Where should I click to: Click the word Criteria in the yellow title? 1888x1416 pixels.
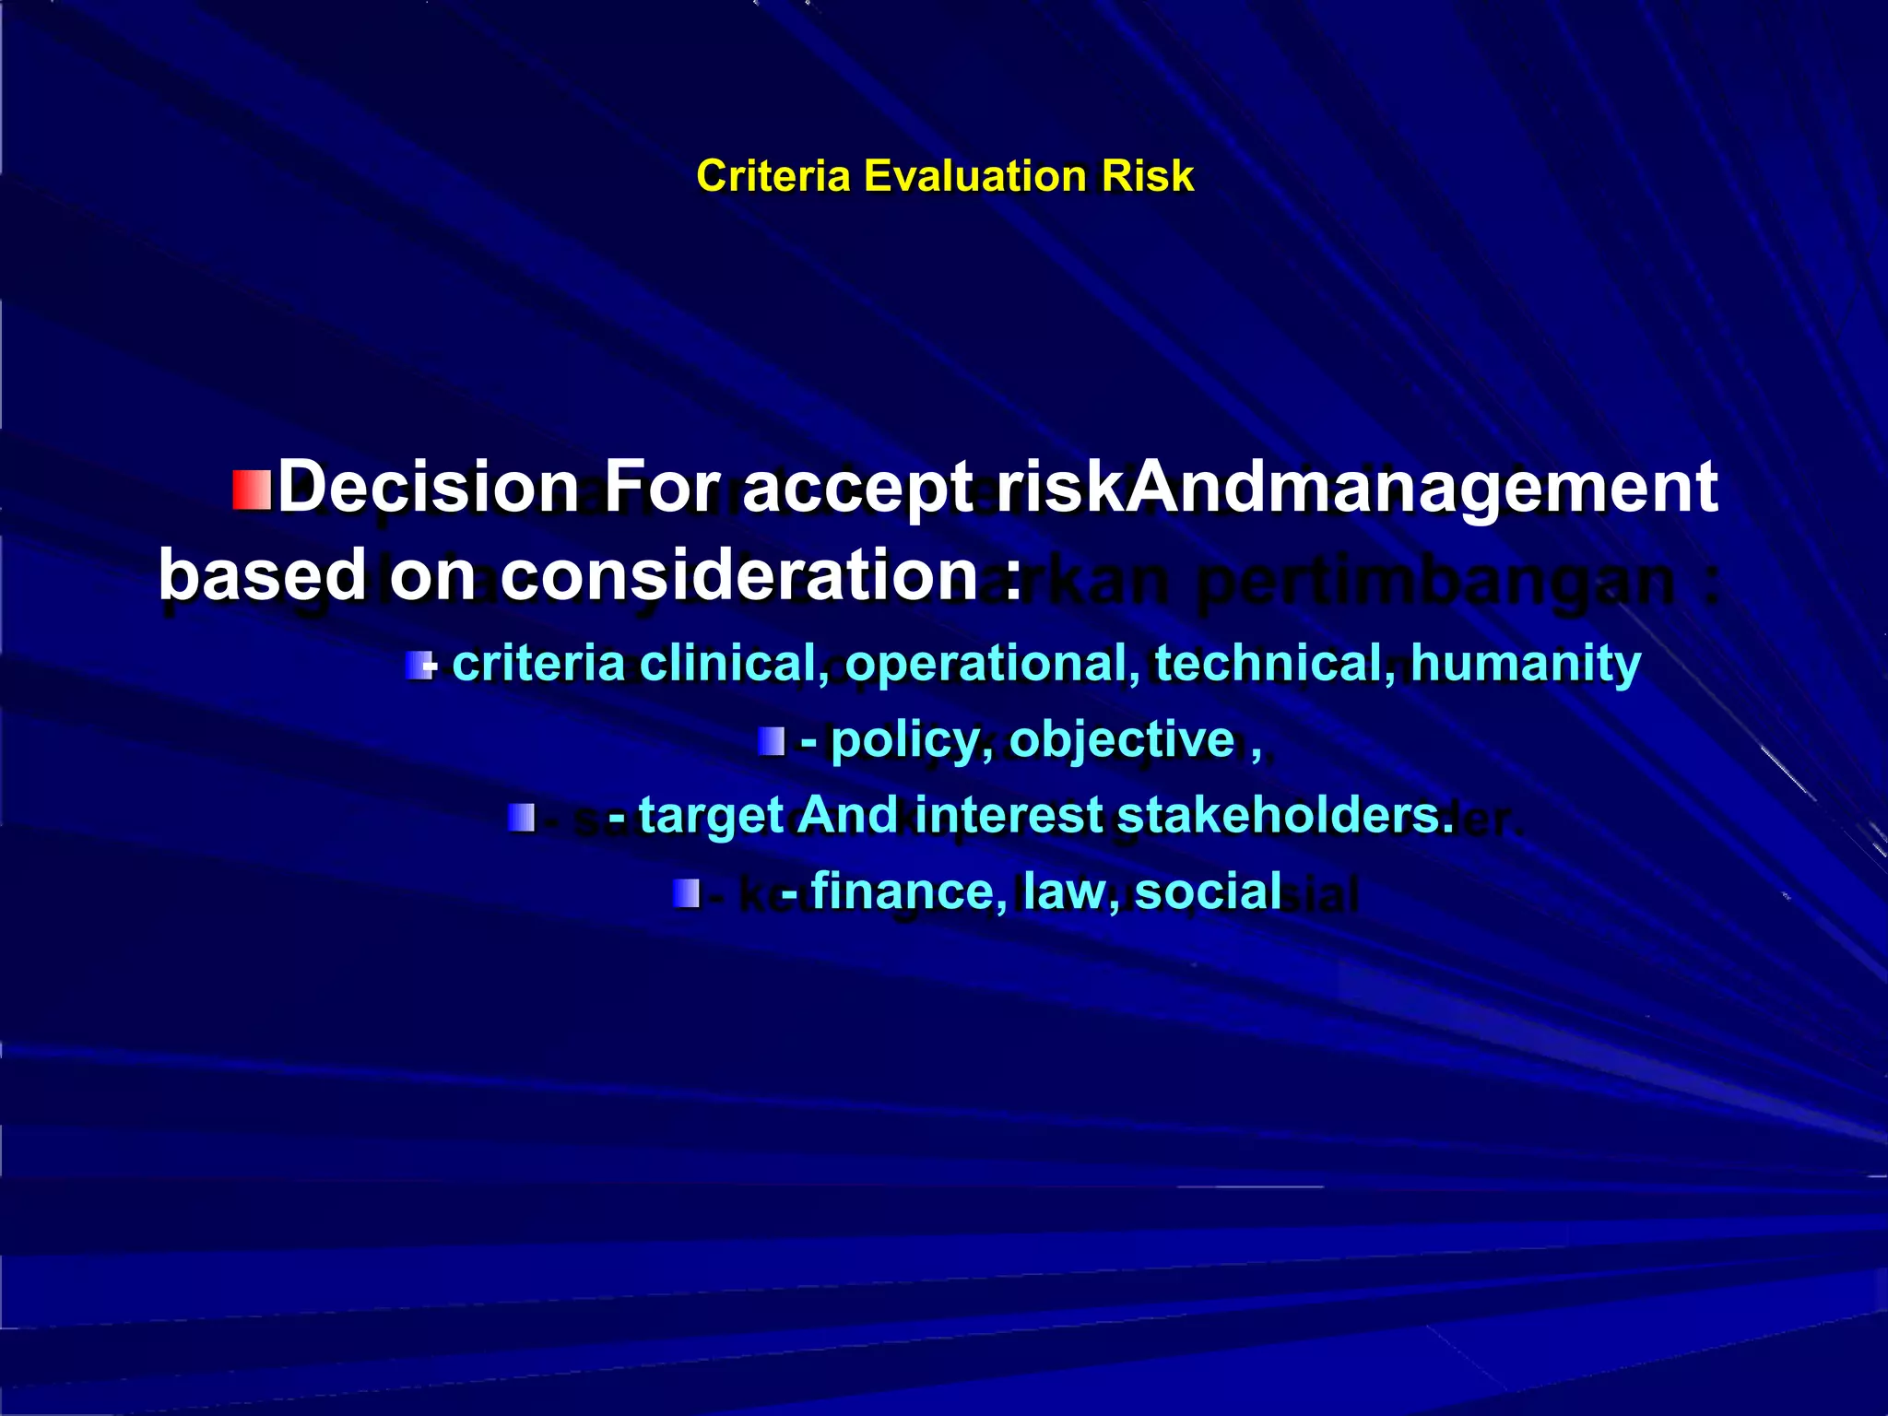click(773, 176)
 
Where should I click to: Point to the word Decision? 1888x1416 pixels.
click(428, 487)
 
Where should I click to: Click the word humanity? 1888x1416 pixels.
click(1526, 663)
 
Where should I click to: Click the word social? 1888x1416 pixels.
click(1208, 891)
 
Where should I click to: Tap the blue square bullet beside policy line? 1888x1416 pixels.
click(772, 741)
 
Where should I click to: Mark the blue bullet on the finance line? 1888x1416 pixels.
click(687, 893)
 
